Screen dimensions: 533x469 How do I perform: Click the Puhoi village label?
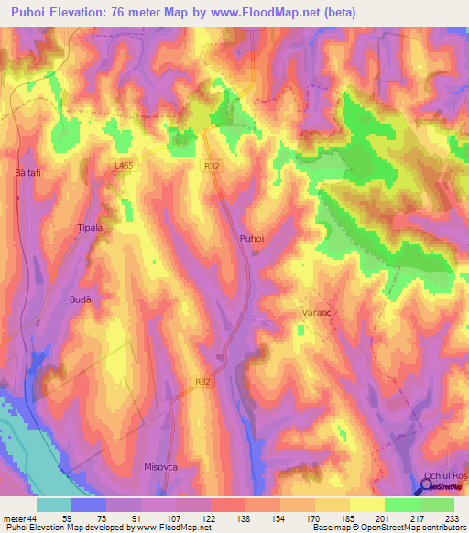click(x=251, y=237)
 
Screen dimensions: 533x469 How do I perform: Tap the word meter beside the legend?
click(x=13, y=518)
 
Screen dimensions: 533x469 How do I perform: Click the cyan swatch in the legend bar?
click(x=54, y=505)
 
